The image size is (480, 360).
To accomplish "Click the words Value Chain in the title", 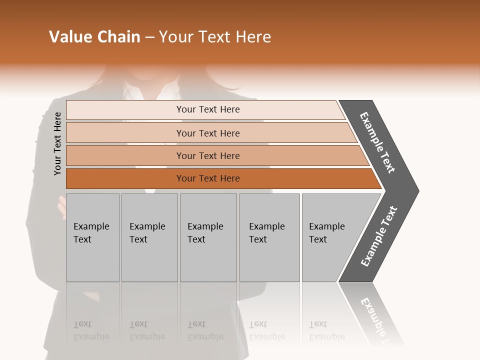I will click(94, 37).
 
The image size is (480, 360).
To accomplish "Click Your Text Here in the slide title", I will click(215, 37).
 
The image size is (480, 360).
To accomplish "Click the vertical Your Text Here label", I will click(57, 143).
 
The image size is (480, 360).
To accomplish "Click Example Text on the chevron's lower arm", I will click(379, 236).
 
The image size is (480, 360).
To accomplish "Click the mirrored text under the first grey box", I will click(91, 330).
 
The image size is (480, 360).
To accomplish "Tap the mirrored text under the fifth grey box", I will click(326, 330).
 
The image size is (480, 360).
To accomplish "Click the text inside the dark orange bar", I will click(208, 178).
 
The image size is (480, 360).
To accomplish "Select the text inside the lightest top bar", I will click(208, 109).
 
